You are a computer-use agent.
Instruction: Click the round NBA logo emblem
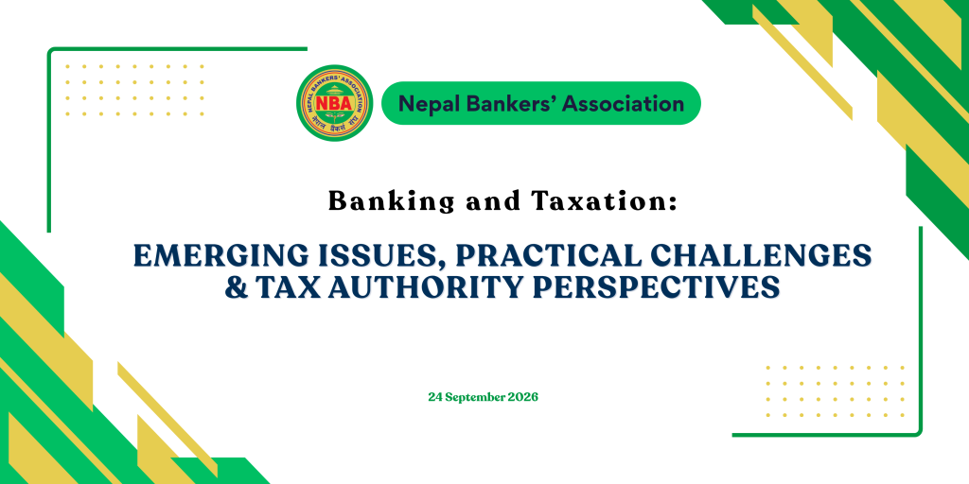(334, 102)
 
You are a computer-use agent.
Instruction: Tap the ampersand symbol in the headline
(235, 287)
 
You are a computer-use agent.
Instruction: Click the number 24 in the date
(434, 397)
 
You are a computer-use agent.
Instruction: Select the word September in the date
(474, 398)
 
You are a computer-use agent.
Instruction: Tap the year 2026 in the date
(522, 397)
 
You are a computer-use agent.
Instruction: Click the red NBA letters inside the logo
(334, 102)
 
